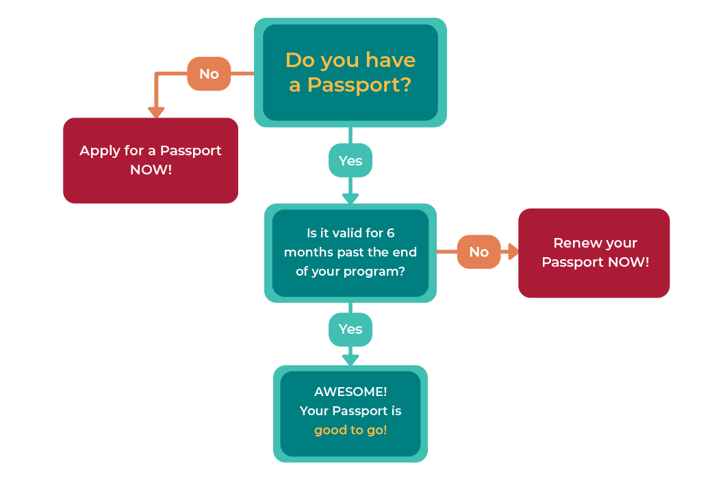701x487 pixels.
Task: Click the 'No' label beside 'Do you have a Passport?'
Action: (x=209, y=74)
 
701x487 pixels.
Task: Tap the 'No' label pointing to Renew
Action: (x=479, y=252)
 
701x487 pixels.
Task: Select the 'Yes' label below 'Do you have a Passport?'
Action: (x=350, y=161)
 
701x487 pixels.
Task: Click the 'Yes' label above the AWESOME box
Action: (x=350, y=329)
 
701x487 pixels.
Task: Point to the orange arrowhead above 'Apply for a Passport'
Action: (x=157, y=112)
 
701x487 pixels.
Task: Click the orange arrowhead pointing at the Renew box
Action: (x=511, y=252)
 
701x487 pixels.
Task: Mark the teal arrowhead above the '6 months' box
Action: (x=350, y=198)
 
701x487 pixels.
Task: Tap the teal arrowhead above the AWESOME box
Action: (x=350, y=359)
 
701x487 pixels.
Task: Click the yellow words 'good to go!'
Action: (x=350, y=430)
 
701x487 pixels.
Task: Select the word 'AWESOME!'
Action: (x=350, y=392)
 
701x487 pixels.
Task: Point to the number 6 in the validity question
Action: (x=390, y=233)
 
